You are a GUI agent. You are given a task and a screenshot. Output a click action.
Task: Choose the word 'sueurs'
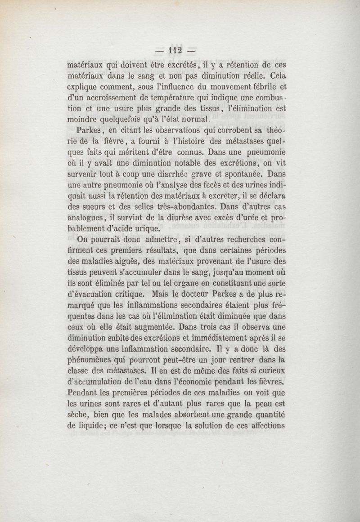point(94,208)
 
